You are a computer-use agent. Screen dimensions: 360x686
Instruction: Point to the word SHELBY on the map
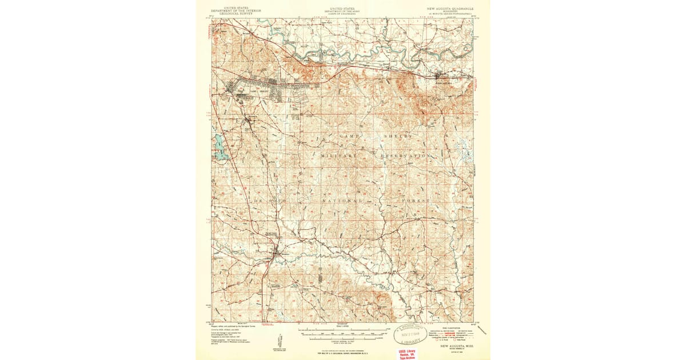397,137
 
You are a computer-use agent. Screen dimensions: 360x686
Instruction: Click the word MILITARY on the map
338,155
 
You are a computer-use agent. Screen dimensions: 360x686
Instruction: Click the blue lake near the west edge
220,147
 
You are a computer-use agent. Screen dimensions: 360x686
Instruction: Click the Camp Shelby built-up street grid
252,91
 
